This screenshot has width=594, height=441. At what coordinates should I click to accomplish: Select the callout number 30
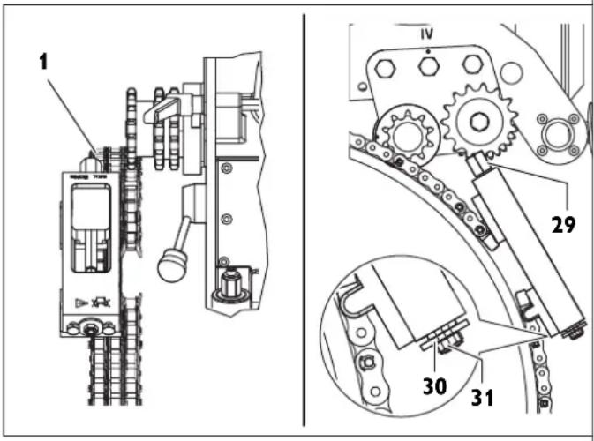(435, 385)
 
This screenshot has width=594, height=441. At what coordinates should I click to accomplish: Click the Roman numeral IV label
(427, 35)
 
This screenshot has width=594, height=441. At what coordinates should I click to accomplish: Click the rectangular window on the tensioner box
(89, 211)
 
